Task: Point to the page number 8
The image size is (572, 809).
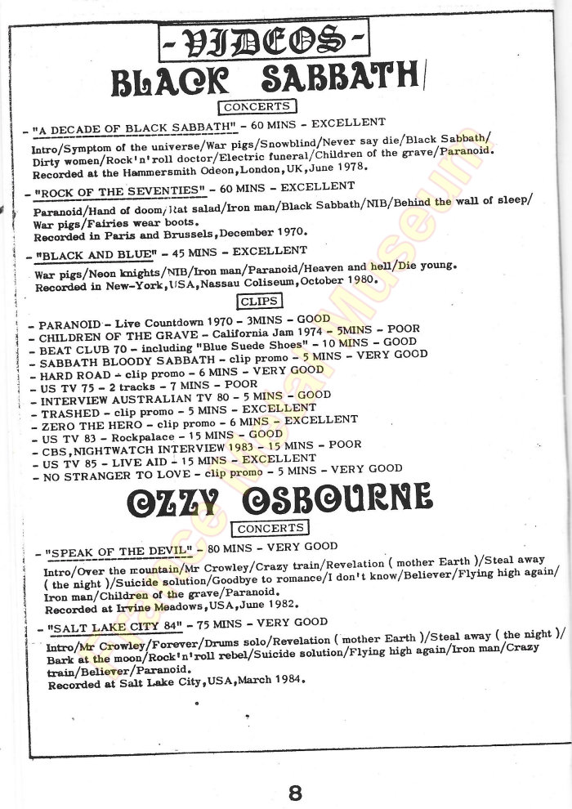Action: tap(295, 791)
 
